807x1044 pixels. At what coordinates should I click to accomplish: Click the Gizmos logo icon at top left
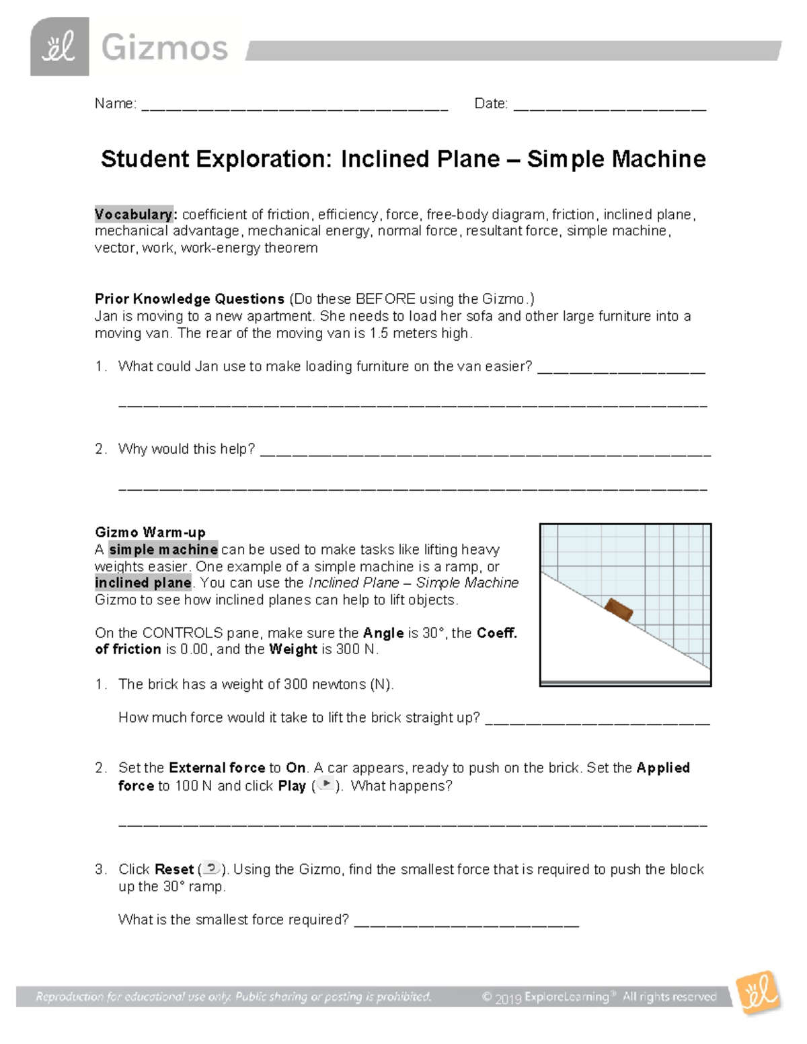pyautogui.click(x=59, y=47)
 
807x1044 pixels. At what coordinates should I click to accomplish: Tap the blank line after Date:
pyautogui.click(x=609, y=106)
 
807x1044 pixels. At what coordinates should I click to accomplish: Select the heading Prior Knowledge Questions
pyautogui.click(x=190, y=298)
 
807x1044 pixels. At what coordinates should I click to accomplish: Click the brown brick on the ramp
pyautogui.click(x=618, y=609)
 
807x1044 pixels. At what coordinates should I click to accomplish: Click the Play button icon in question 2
pyautogui.click(x=325, y=785)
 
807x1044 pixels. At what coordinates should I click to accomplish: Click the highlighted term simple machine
pyautogui.click(x=163, y=549)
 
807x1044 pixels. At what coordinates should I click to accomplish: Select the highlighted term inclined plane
pyautogui.click(x=143, y=583)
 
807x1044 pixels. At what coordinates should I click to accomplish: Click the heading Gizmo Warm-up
pyautogui.click(x=150, y=532)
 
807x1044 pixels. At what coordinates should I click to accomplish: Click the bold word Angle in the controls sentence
pyautogui.click(x=383, y=633)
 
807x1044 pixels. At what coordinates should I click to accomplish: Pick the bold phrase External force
pyautogui.click(x=217, y=768)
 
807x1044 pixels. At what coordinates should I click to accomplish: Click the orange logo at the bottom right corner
pyautogui.click(x=758, y=993)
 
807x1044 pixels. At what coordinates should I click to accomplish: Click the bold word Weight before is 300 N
pyautogui.click(x=293, y=649)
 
